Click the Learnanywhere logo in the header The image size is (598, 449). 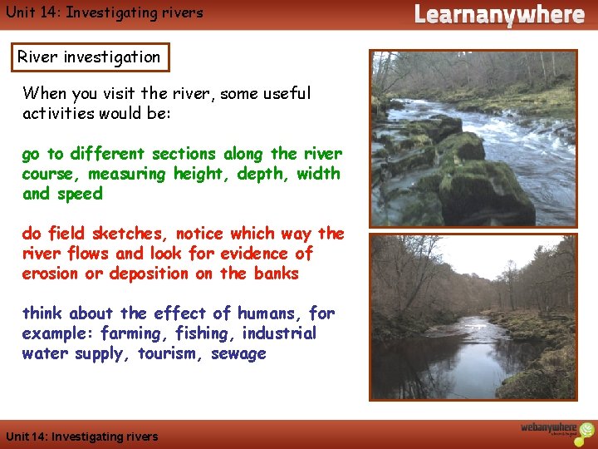(498, 14)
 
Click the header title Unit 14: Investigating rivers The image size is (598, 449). (103, 12)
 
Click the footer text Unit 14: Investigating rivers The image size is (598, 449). (81, 437)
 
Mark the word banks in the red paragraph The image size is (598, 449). (276, 274)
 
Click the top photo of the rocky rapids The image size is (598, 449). (473, 138)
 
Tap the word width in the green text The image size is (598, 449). (319, 174)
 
